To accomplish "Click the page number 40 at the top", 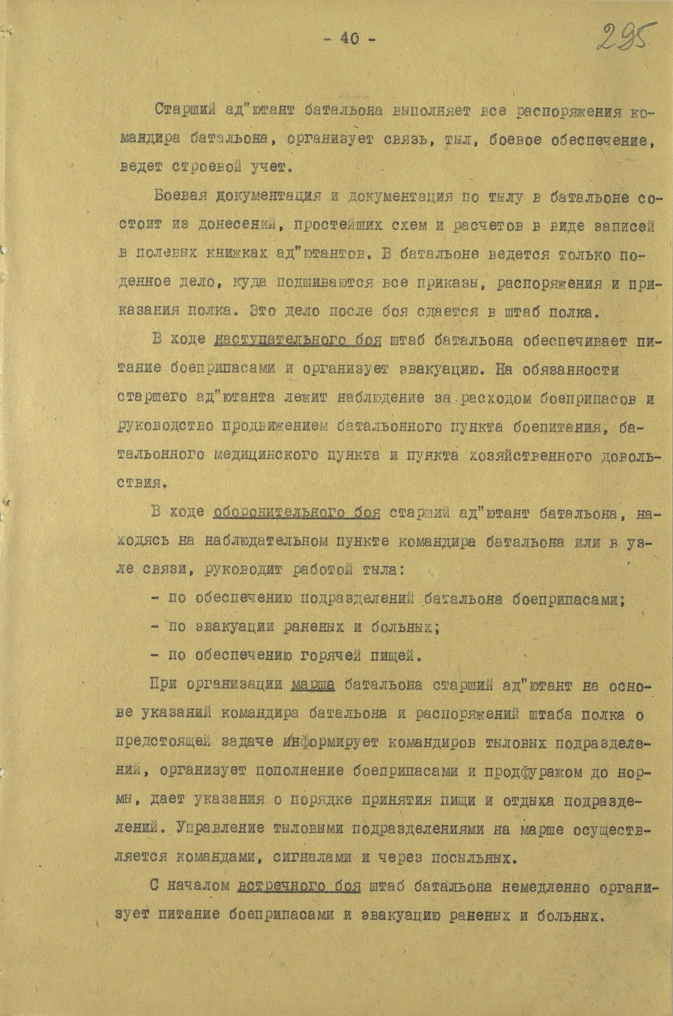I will click(350, 39).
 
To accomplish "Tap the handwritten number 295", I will click(622, 38).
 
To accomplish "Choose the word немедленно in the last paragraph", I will click(521, 887).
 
